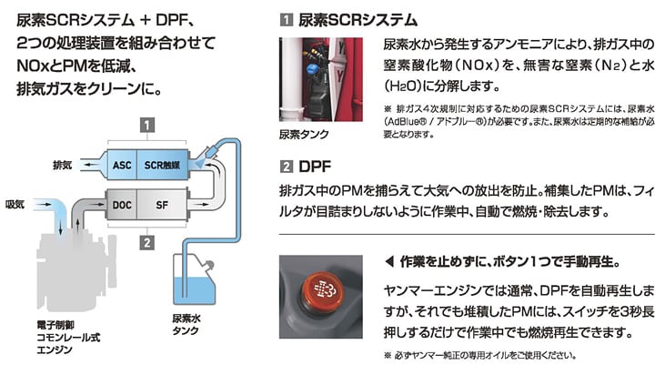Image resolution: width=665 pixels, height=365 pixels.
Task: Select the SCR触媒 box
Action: coord(163,166)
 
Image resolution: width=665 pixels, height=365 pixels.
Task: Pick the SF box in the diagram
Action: coord(162,205)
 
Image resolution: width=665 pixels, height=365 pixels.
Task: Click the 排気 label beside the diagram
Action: coord(63,166)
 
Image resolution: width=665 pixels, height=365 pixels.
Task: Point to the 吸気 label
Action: coord(15,203)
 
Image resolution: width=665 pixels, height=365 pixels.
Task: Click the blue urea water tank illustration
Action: coord(196,285)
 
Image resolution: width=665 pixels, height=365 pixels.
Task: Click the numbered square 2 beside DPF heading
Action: coord(287,167)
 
